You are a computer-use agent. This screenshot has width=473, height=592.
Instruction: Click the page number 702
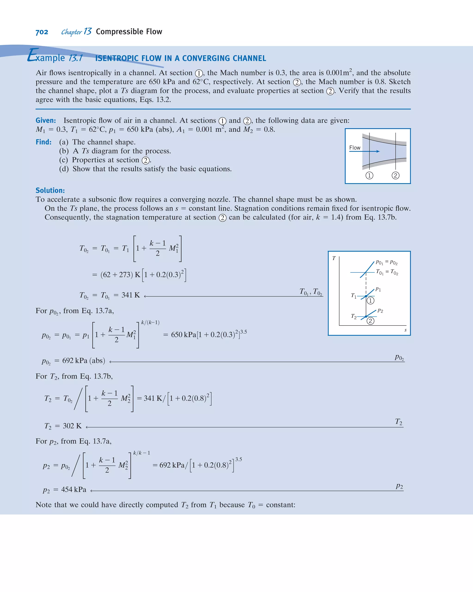(x=42, y=32)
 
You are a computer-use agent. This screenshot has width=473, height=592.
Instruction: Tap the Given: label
(x=45, y=121)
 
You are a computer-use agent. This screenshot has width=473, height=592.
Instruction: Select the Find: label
(x=43, y=142)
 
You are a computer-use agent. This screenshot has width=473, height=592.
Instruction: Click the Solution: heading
(x=50, y=190)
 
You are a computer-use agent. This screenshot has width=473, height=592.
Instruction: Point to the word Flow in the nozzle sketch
(x=355, y=148)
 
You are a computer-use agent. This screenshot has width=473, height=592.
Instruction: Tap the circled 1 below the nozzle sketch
(x=369, y=176)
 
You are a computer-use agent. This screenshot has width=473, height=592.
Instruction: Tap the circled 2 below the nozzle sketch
(x=395, y=176)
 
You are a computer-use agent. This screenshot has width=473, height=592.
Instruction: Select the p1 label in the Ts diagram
(x=378, y=289)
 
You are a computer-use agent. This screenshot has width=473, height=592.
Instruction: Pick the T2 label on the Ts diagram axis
(x=354, y=316)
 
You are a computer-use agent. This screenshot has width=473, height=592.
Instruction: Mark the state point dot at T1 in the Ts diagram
(x=366, y=296)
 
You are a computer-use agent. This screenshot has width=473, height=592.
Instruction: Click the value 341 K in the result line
(x=131, y=295)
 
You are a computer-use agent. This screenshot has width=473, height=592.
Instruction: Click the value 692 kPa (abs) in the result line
(x=83, y=361)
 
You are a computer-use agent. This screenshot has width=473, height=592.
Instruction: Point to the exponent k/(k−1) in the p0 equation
(x=150, y=322)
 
